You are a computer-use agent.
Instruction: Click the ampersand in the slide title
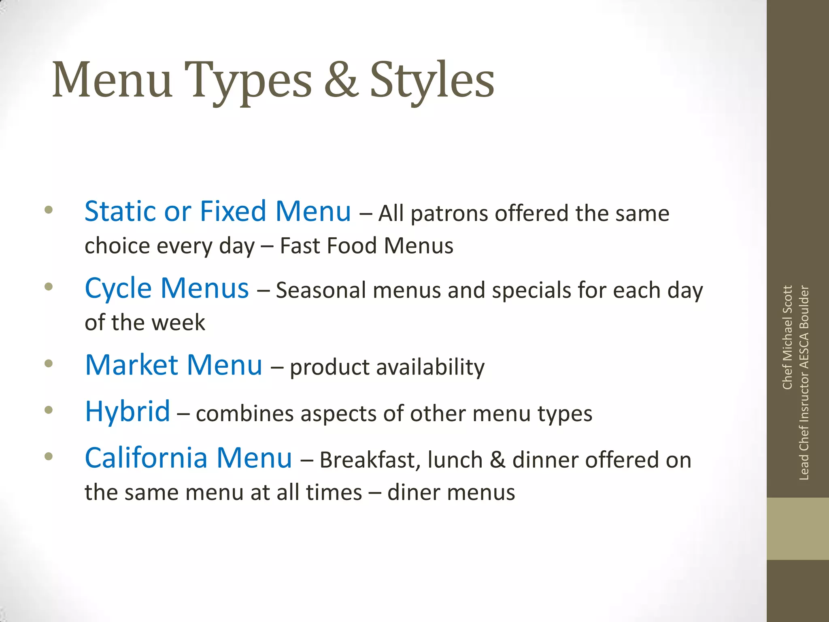341,80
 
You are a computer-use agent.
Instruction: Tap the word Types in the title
248,81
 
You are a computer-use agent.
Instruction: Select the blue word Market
132,365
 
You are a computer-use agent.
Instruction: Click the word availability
430,368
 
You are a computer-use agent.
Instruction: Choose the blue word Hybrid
128,412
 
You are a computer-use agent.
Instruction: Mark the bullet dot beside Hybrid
49,410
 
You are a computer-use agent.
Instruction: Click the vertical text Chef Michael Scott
787,337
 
